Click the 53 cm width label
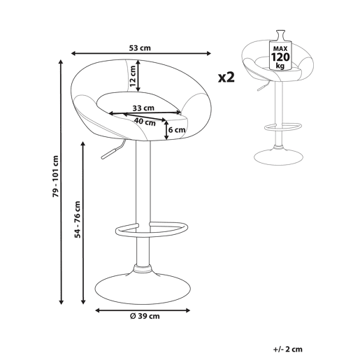click(140, 48)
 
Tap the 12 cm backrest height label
click(133, 76)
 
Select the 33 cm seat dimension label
click(143, 108)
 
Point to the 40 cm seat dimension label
click(145, 122)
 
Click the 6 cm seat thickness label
click(177, 130)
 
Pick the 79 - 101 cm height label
click(55, 176)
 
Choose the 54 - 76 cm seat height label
click(78, 219)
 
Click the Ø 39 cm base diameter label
click(145, 316)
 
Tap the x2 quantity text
click(226, 77)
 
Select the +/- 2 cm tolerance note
click(288, 350)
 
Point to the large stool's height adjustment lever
click(113, 150)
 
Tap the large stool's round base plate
click(143, 289)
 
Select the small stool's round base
click(278, 157)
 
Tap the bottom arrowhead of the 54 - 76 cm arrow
click(83, 302)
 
